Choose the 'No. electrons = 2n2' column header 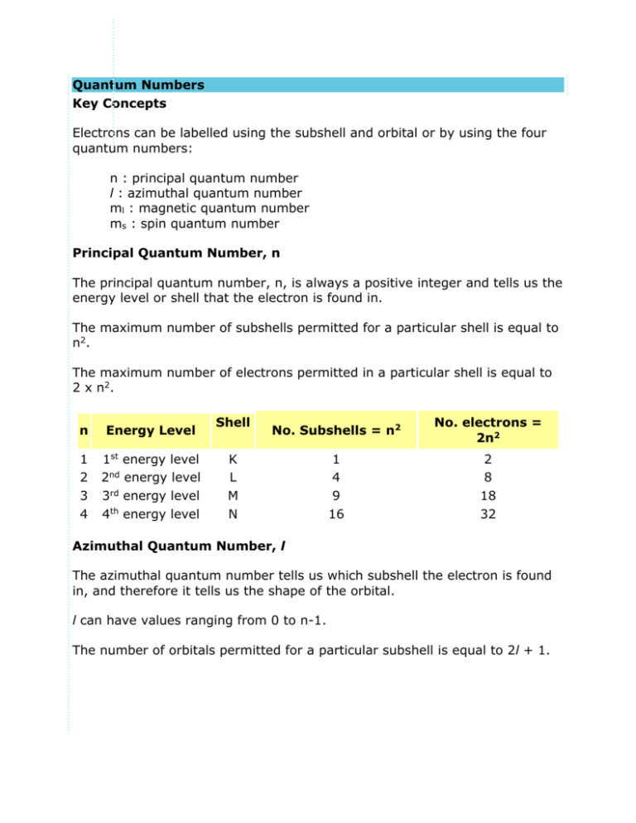[491, 430]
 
